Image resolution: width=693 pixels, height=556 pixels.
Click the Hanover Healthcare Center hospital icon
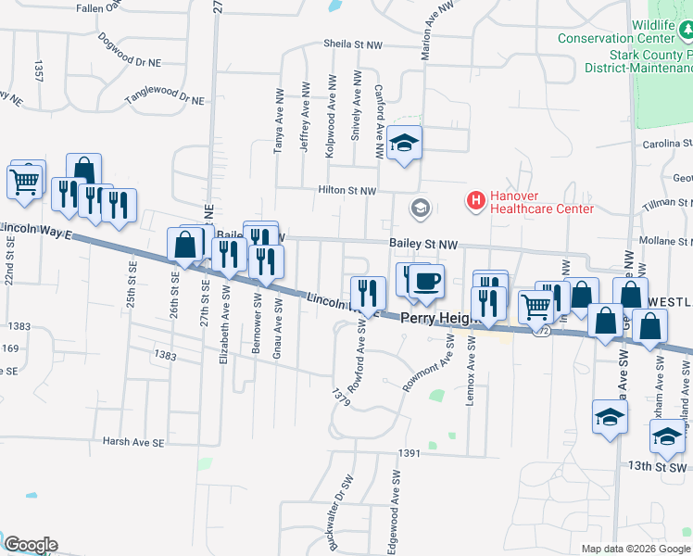coord(476,200)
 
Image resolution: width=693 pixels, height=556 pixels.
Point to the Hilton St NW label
coord(347,190)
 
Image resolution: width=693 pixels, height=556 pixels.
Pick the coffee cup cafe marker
coord(426,281)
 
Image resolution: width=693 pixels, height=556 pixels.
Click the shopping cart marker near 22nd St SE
coord(24,181)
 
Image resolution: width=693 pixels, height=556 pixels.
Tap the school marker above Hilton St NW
coord(404,144)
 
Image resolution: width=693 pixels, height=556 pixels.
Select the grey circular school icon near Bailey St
coord(422,208)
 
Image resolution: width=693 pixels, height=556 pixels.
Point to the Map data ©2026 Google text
coord(635,549)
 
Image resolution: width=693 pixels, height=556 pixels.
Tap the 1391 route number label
coord(409,453)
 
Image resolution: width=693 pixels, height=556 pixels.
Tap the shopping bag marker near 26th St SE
coord(185,246)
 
